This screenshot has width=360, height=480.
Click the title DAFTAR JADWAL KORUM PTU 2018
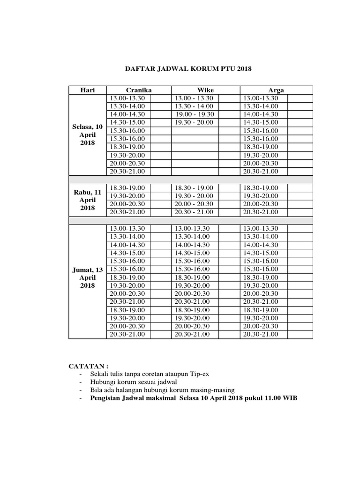point(188,68)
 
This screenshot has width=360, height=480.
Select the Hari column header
point(88,90)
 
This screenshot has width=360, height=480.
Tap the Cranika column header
point(139,90)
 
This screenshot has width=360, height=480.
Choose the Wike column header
point(205,90)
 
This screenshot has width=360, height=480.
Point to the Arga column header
point(276,90)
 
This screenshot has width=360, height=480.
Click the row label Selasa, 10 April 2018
point(88,135)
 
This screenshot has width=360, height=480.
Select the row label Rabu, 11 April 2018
point(88,200)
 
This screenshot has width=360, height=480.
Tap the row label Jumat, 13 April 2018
point(88,277)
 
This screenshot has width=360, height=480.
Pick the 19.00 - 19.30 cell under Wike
point(194,114)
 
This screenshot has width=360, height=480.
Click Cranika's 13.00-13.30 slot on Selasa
point(127,98)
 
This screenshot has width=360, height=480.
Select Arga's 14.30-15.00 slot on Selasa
point(260,122)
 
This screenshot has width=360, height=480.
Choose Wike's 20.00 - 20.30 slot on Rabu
point(194,204)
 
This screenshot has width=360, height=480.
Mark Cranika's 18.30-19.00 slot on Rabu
point(127,187)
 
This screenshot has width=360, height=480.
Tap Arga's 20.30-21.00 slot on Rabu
point(260,212)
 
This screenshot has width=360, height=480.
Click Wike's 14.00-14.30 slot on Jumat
point(192,245)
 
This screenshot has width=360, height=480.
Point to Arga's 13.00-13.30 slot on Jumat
point(260,228)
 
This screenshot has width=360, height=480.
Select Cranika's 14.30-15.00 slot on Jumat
point(127,253)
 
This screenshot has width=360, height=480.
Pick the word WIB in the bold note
point(289,398)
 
